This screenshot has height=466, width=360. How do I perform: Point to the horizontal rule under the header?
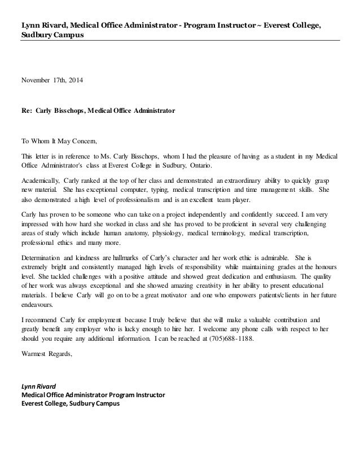[180, 41]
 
